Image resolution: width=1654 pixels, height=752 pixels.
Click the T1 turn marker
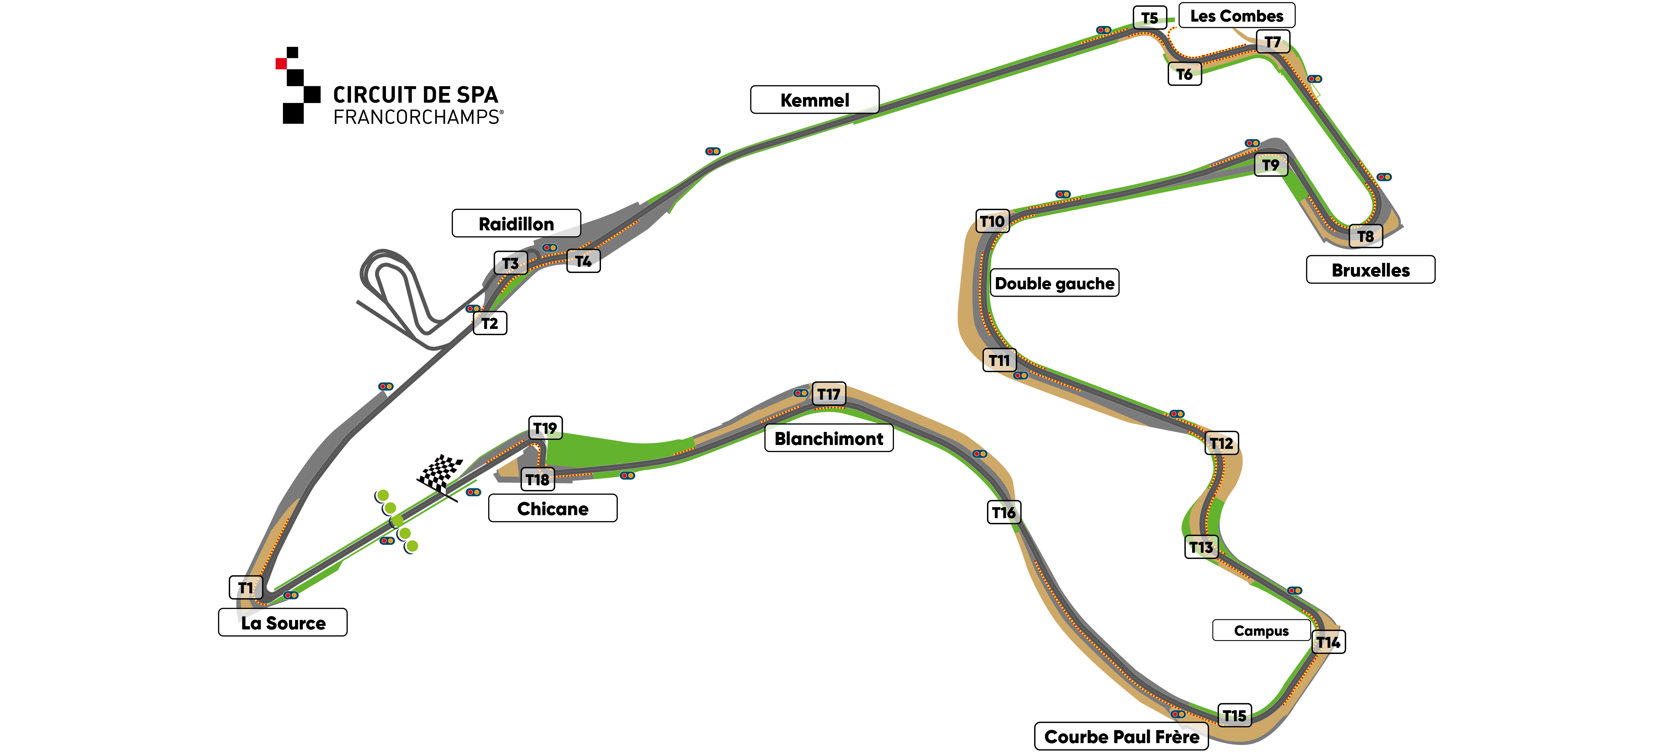[x=246, y=587]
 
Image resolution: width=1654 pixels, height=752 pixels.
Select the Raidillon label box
[x=516, y=223]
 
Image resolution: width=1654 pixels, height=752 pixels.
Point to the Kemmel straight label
[x=814, y=100]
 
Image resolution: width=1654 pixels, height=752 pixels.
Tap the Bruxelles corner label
[x=1370, y=269]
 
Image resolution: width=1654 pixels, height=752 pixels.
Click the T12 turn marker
[x=1221, y=443]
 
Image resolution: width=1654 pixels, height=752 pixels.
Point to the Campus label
[x=1261, y=630]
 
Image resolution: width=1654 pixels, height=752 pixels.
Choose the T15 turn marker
[x=1234, y=715]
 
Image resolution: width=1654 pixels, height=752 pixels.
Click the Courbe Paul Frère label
[x=1121, y=736]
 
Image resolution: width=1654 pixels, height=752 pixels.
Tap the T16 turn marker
[x=1004, y=512]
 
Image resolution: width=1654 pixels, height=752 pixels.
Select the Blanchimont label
[x=828, y=438]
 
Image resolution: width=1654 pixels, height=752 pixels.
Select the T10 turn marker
[x=992, y=221]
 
